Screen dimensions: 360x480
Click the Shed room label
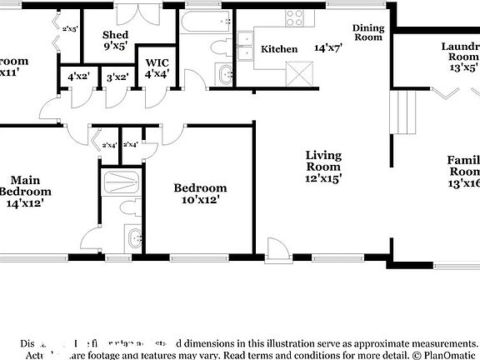pyautogui.click(x=115, y=35)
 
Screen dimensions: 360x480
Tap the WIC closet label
pyautogui.click(x=157, y=62)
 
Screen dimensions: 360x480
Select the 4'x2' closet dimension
pyautogui.click(x=79, y=77)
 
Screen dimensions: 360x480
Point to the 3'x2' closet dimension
pyautogui.click(x=117, y=77)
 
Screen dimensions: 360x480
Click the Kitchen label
pyautogui.click(x=279, y=49)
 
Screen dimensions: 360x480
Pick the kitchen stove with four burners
pyautogui.click(x=296, y=16)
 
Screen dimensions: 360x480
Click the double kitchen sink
pyautogui.click(x=246, y=46)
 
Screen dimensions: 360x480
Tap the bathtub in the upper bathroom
pyautogui.click(x=205, y=22)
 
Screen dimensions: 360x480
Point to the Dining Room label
pyautogui.click(x=368, y=32)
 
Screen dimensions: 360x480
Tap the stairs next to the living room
pyautogui.click(x=404, y=112)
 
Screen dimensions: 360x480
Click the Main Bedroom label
pyautogui.click(x=25, y=191)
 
